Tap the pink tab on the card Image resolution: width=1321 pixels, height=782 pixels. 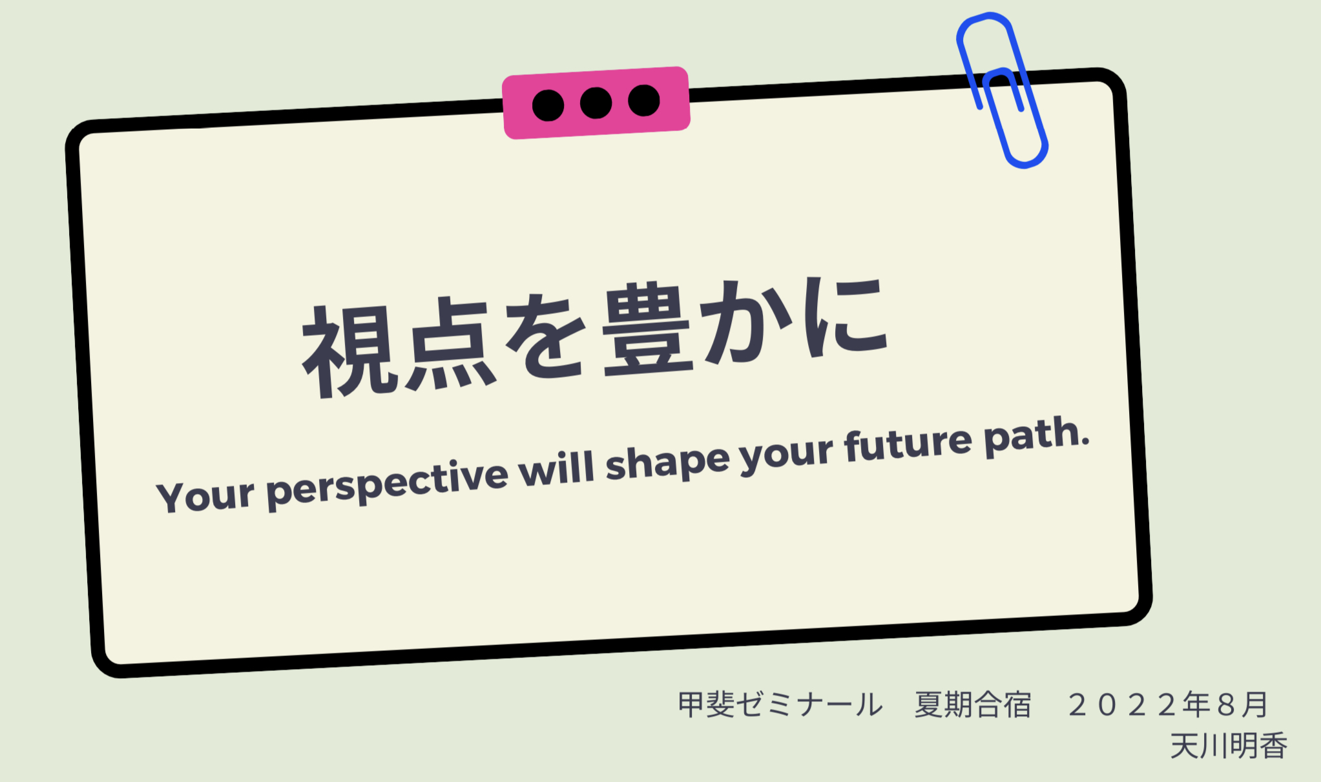pyautogui.click(x=596, y=103)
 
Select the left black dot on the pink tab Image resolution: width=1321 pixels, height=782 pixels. pyautogui.click(x=548, y=105)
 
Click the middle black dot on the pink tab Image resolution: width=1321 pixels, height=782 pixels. pyautogui.click(x=596, y=103)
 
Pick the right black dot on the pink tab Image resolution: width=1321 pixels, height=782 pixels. pyautogui.click(x=643, y=100)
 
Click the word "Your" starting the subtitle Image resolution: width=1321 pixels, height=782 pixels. pyautogui.click(x=205, y=495)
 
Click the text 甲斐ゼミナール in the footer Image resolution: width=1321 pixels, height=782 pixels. pyautogui.click(x=780, y=705)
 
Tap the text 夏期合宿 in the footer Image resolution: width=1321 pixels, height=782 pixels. pyautogui.click(x=973, y=705)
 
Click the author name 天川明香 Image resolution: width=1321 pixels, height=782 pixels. pyautogui.click(x=1229, y=746)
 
